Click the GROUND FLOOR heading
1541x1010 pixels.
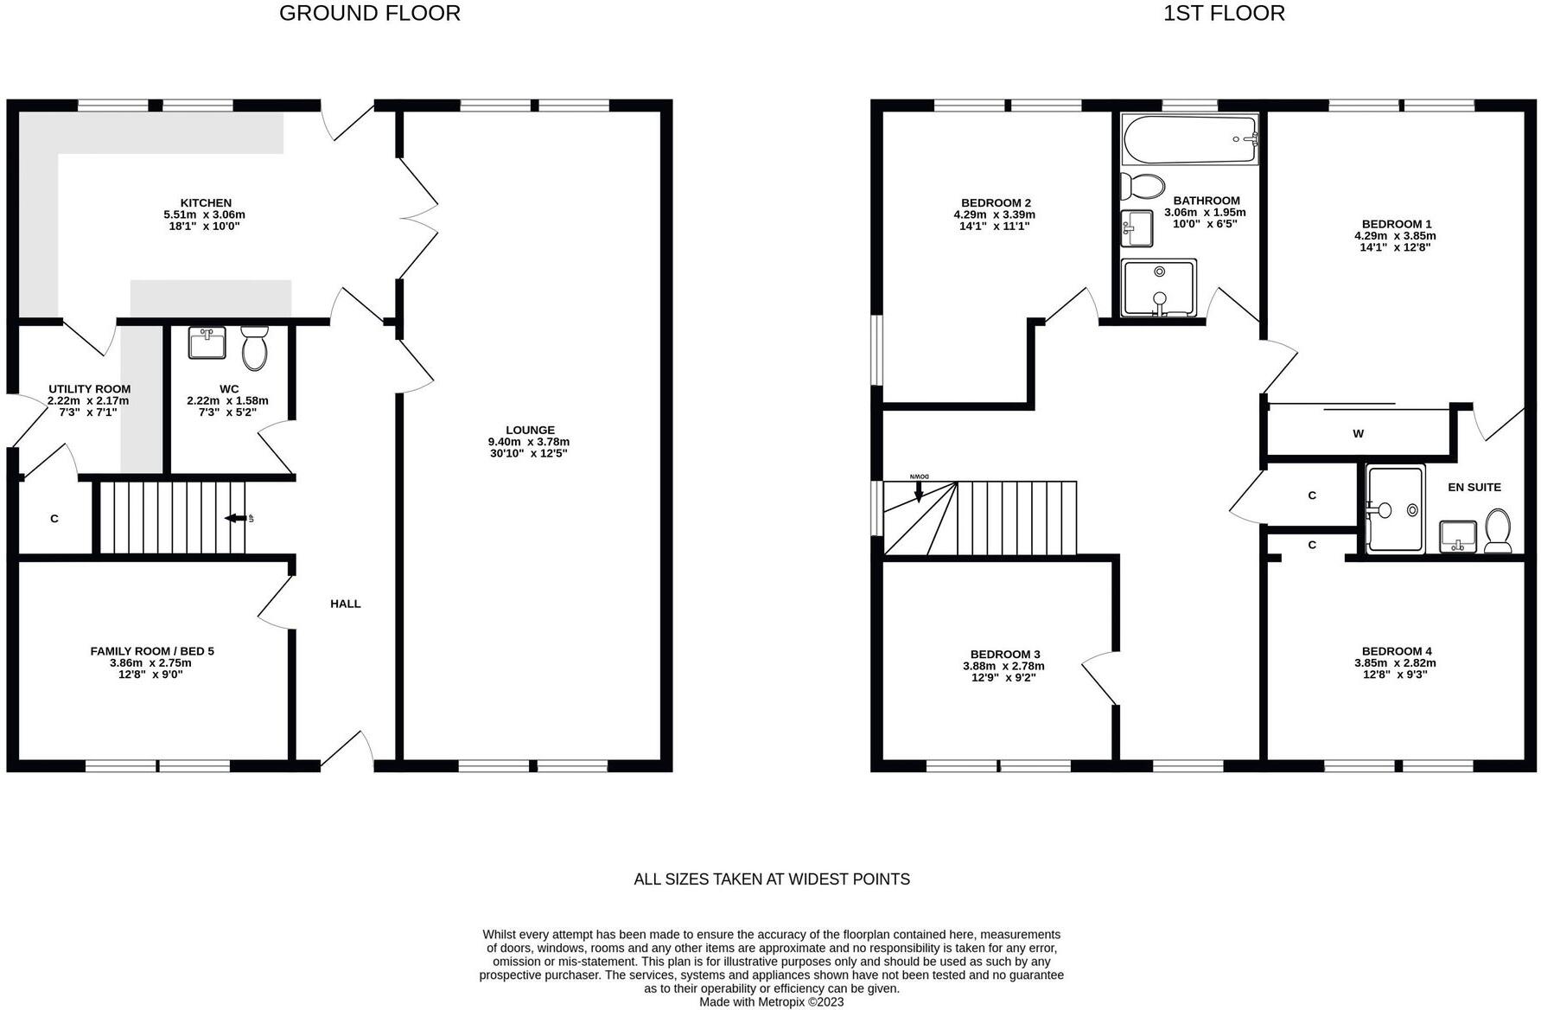pos(369,13)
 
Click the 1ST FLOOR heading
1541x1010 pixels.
pos(1224,13)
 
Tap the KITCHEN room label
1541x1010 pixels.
pos(206,203)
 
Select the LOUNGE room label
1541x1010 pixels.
pos(530,430)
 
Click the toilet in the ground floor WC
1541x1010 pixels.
pos(255,348)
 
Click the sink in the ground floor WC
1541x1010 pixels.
pos(207,342)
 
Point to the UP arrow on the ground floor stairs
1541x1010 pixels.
pos(235,518)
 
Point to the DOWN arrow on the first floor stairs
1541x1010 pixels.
pos(919,489)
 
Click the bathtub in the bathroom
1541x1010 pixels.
pos(1189,139)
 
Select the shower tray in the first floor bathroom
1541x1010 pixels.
pos(1159,287)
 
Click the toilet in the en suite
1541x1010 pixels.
pos(1498,530)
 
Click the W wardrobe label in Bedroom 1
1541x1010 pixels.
pos(1358,434)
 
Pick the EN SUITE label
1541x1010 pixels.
pos(1474,487)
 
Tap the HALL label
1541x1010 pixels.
pos(345,604)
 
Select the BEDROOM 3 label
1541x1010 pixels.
pos(1004,655)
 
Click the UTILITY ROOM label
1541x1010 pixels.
pos(89,389)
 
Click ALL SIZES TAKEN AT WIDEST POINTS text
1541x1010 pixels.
pos(771,879)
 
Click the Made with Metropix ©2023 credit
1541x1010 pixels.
pos(771,1002)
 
